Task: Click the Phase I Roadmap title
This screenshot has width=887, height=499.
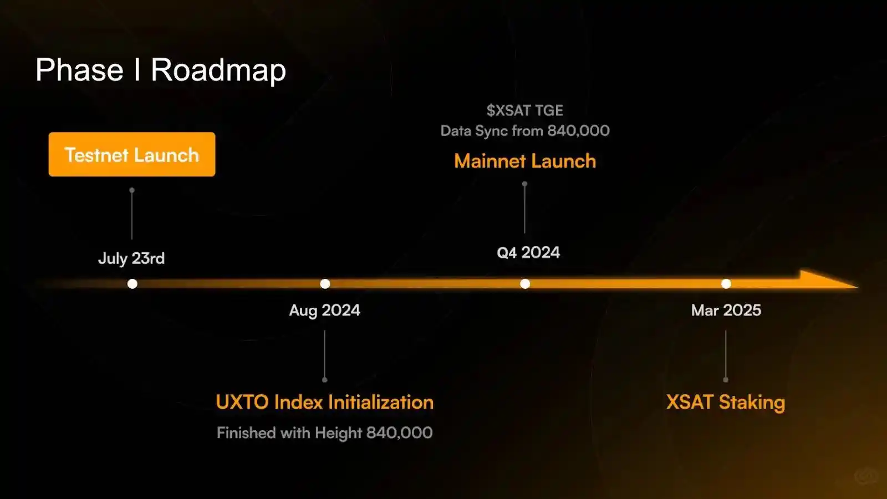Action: pyautogui.click(x=160, y=70)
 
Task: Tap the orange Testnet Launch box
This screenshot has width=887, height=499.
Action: pyautogui.click(x=132, y=155)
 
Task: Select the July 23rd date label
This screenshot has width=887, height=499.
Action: pyautogui.click(x=131, y=258)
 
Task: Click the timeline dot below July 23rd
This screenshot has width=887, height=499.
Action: pyautogui.click(x=132, y=283)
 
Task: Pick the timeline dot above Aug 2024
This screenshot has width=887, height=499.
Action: pyautogui.click(x=325, y=283)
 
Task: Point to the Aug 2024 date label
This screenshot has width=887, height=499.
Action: pyautogui.click(x=325, y=310)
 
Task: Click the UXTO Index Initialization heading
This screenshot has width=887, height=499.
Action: pyautogui.click(x=325, y=402)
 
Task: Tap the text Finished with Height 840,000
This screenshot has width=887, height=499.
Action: pyautogui.click(x=325, y=432)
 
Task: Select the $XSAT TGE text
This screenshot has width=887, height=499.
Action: pyautogui.click(x=524, y=110)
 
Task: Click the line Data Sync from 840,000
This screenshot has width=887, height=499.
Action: pyautogui.click(x=524, y=131)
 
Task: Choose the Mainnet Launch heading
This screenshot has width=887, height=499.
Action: pyautogui.click(x=524, y=161)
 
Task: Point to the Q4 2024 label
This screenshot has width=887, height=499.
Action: pyautogui.click(x=528, y=252)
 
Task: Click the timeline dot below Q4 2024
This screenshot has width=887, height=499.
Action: pyautogui.click(x=524, y=283)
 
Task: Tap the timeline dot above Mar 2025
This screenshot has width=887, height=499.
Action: pyautogui.click(x=726, y=283)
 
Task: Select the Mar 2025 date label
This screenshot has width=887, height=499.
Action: pyautogui.click(x=726, y=310)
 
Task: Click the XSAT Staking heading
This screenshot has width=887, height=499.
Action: pyautogui.click(x=726, y=403)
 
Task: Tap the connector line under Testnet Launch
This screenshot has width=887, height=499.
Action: pyautogui.click(x=132, y=214)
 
